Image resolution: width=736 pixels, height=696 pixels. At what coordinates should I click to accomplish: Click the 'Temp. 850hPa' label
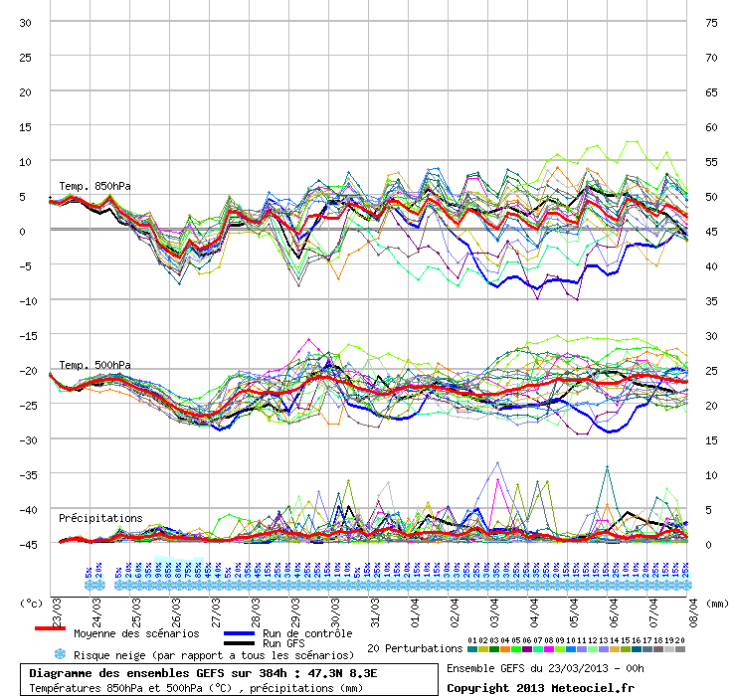pyautogui.click(x=94, y=186)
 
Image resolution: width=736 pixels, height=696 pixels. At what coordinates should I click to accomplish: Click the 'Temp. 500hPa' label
pyautogui.click(x=94, y=365)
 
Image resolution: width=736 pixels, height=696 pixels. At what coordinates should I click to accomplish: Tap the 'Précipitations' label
pyautogui.click(x=100, y=518)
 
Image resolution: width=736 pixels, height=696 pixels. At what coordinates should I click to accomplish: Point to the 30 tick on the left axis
pyautogui.click(x=26, y=22)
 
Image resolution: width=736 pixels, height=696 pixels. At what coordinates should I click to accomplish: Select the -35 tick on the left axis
pyautogui.click(x=26, y=474)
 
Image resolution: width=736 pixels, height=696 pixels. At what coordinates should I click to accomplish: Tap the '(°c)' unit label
pyautogui.click(x=33, y=603)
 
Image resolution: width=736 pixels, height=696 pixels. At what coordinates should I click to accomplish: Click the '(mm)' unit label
pyautogui.click(x=716, y=603)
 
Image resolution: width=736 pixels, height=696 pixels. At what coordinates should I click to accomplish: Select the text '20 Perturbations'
pyautogui.click(x=415, y=648)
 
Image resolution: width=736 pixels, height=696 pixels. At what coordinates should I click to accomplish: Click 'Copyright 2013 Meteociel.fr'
pyautogui.click(x=540, y=687)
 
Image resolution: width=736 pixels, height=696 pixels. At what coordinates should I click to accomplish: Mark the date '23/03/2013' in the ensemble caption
pyautogui.click(x=578, y=668)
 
